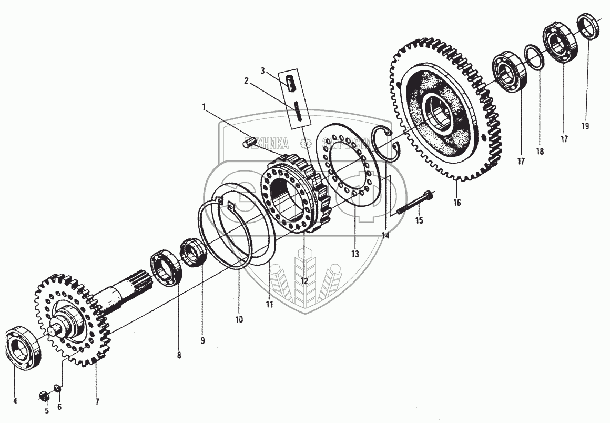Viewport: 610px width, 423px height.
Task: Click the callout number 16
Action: point(456,203)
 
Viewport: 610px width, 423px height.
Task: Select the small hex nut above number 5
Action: point(45,395)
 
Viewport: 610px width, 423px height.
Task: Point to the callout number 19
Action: point(585,126)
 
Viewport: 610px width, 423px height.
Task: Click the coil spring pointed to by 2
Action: point(298,112)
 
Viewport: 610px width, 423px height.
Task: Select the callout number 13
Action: point(355,254)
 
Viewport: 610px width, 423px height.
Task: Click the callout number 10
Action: point(239,319)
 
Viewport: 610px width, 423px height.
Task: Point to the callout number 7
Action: point(97,402)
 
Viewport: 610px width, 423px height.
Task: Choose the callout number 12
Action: point(304,281)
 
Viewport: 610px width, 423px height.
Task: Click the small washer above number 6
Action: point(57,390)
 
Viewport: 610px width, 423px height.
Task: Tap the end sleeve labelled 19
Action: point(589,26)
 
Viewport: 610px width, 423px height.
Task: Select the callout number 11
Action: point(269,304)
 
